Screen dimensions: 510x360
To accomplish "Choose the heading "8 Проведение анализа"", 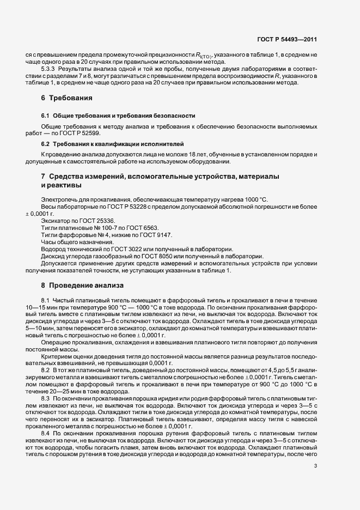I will pyautogui.click(x=78, y=285).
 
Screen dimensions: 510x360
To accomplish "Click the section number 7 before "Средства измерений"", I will pyautogui.click(x=43, y=178).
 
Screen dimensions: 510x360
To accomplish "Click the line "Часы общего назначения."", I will pyautogui.click(x=77, y=241).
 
